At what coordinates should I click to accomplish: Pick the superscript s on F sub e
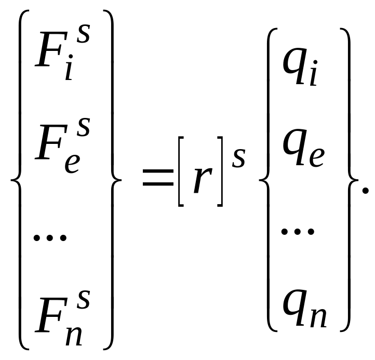tap(83, 127)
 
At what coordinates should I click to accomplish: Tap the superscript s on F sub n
tap(83, 300)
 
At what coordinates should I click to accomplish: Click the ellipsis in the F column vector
tap(50, 238)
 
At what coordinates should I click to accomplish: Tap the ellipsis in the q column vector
tap(297, 230)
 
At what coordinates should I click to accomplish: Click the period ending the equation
tap(365, 191)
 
